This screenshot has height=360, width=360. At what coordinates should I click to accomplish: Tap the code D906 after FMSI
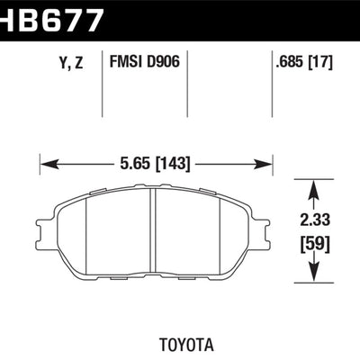(x=164, y=63)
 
